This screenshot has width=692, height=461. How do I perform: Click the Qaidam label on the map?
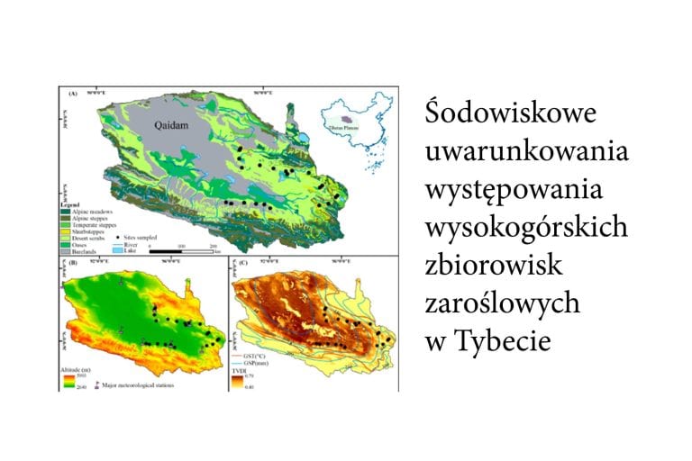(170, 126)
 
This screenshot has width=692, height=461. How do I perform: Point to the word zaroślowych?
(502, 306)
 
